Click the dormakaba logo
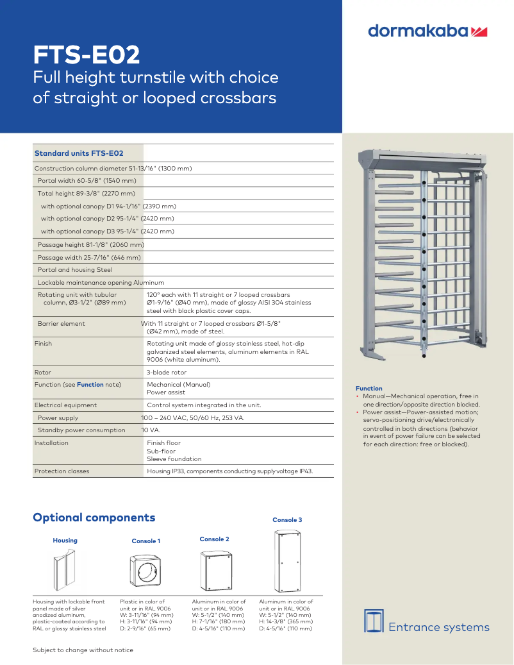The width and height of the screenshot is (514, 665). (x=428, y=31)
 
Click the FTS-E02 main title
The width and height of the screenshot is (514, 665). (x=87, y=56)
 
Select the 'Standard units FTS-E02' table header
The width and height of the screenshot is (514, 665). (x=79, y=153)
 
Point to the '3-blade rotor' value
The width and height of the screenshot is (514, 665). (x=167, y=372)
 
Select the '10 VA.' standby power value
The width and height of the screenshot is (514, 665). (x=151, y=430)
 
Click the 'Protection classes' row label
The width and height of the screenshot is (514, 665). (x=62, y=471)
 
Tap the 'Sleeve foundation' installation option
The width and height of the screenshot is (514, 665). (x=174, y=459)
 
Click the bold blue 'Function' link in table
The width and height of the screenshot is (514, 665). (x=90, y=385)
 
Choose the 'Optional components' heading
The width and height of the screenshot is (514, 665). (x=94, y=518)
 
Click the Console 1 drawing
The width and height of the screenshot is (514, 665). (x=146, y=571)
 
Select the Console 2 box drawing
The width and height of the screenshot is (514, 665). (x=214, y=571)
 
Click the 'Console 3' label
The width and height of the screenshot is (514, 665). (x=287, y=520)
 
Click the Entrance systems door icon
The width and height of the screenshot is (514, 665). (x=374, y=621)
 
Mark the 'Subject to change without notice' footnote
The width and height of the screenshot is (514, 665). (x=83, y=650)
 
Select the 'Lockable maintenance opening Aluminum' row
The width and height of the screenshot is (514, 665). (x=101, y=283)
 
